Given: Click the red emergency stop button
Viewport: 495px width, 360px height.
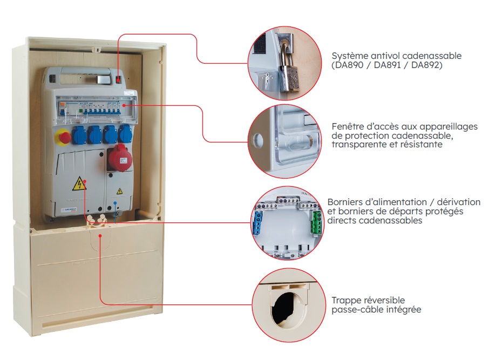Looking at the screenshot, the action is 64,137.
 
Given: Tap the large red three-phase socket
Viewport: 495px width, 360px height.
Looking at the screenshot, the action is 119,158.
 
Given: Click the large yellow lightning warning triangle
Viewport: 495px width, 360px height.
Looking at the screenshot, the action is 79,184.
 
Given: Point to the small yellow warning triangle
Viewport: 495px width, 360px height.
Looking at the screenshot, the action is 120,191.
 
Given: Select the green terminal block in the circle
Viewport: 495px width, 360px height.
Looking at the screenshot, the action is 317,223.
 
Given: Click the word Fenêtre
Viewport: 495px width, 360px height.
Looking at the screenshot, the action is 346,126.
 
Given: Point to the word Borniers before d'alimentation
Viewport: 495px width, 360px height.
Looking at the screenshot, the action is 345,202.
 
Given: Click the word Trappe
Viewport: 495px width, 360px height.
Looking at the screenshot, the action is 346,301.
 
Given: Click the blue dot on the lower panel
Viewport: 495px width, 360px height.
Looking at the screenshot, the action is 115,203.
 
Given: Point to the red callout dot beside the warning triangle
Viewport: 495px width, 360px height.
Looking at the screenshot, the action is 85,181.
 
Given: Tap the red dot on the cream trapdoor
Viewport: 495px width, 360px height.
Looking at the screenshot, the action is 100,236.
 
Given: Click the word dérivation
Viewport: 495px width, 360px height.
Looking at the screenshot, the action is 459,202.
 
